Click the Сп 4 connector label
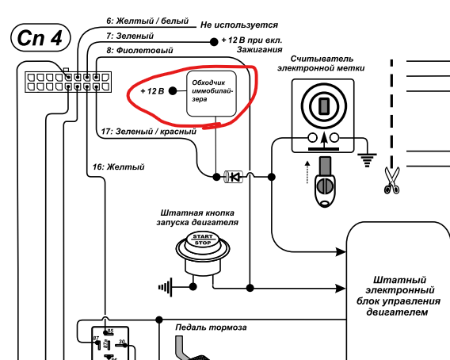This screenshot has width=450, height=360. (40, 37)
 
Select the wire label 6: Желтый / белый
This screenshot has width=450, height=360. (147, 21)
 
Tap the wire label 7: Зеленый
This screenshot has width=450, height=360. (130, 36)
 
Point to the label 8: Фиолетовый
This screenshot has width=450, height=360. (139, 51)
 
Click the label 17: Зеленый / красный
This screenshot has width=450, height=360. (149, 132)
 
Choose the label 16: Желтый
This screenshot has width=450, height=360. (118, 167)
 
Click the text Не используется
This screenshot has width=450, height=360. (239, 25)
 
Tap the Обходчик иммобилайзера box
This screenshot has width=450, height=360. (212, 94)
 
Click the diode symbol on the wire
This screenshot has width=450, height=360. (234, 177)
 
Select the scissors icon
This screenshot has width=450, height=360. (391, 181)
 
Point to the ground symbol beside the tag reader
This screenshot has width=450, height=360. (367, 160)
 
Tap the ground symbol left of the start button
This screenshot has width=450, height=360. (166, 287)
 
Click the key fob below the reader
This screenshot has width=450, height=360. (325, 182)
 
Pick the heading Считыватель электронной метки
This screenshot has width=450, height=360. (321, 63)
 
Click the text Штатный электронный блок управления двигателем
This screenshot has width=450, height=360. (398, 296)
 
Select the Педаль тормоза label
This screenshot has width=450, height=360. (211, 327)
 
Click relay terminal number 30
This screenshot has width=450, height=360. (122, 342)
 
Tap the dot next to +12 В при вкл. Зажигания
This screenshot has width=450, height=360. (214, 42)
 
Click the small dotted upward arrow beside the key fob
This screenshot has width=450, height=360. (307, 172)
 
